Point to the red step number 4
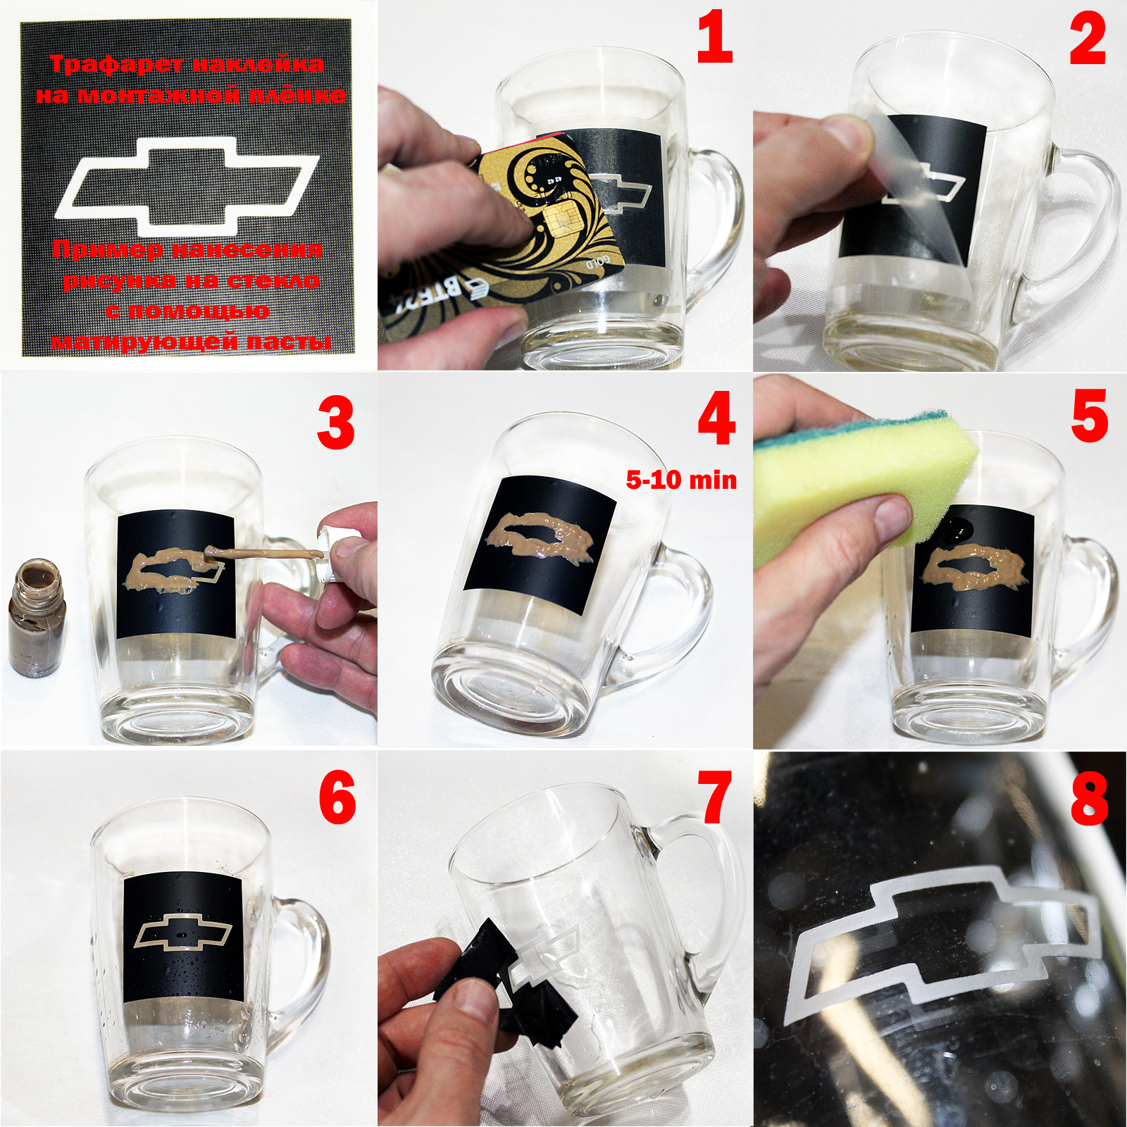(716, 421)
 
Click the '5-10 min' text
(681, 480)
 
